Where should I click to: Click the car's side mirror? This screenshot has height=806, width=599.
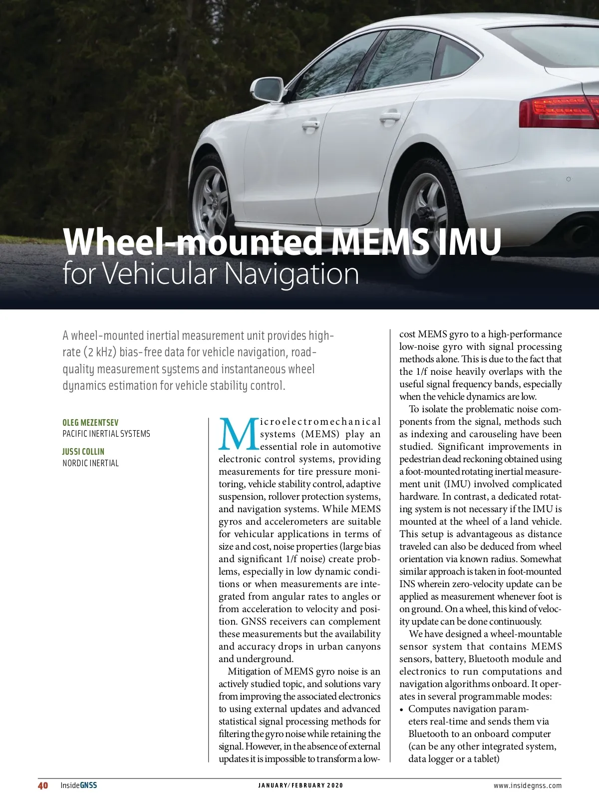coord(269,89)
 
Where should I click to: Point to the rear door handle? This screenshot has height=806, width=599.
coord(389,117)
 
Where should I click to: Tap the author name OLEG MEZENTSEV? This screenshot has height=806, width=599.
coord(90,423)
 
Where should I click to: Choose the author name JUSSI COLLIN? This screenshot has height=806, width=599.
coord(83,452)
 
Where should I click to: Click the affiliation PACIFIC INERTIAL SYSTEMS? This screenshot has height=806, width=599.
coord(106,434)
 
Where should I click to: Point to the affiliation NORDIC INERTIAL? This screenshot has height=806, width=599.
coord(90,463)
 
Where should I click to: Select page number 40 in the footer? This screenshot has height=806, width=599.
coord(43,785)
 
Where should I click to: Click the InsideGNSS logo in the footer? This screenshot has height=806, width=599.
coord(79,785)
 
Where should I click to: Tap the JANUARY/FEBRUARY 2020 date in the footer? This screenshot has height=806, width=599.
coord(300,786)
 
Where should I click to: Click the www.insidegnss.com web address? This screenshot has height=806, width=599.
coord(527,786)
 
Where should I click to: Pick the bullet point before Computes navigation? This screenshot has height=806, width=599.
coord(402,709)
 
